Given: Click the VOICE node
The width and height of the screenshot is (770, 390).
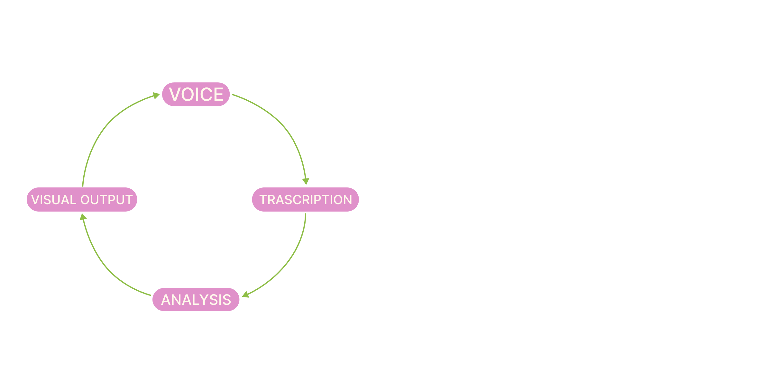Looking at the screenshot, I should coord(196,94).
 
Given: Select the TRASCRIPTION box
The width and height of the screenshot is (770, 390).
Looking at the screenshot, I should coord(305,199).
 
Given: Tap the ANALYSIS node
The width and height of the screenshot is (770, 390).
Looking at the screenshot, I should coord(196,299).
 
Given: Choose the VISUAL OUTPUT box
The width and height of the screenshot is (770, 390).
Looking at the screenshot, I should coord(82,199).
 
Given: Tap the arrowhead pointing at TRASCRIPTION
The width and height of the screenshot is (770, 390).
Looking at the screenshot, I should coord(306,181).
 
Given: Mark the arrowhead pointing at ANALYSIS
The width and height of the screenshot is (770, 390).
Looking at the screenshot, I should coord(245,295).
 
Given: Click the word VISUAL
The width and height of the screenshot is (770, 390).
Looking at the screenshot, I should coord(54,200).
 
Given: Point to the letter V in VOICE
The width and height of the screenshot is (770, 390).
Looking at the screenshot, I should coord(175,95).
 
